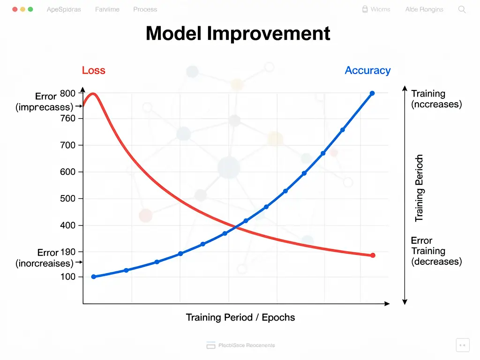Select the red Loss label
point(93,71)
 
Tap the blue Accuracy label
point(367,71)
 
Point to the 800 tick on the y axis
point(67,93)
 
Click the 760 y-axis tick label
point(67,119)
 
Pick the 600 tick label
point(67,172)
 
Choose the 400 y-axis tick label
point(67,225)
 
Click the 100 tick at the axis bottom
point(67,277)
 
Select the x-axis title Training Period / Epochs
point(240,317)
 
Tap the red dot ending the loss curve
point(373,255)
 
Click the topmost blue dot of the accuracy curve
point(372,93)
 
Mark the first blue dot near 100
point(94,277)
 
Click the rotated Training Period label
point(419,188)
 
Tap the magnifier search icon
point(462,9)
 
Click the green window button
point(30,9)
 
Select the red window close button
point(14,9)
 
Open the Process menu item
point(145,9)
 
